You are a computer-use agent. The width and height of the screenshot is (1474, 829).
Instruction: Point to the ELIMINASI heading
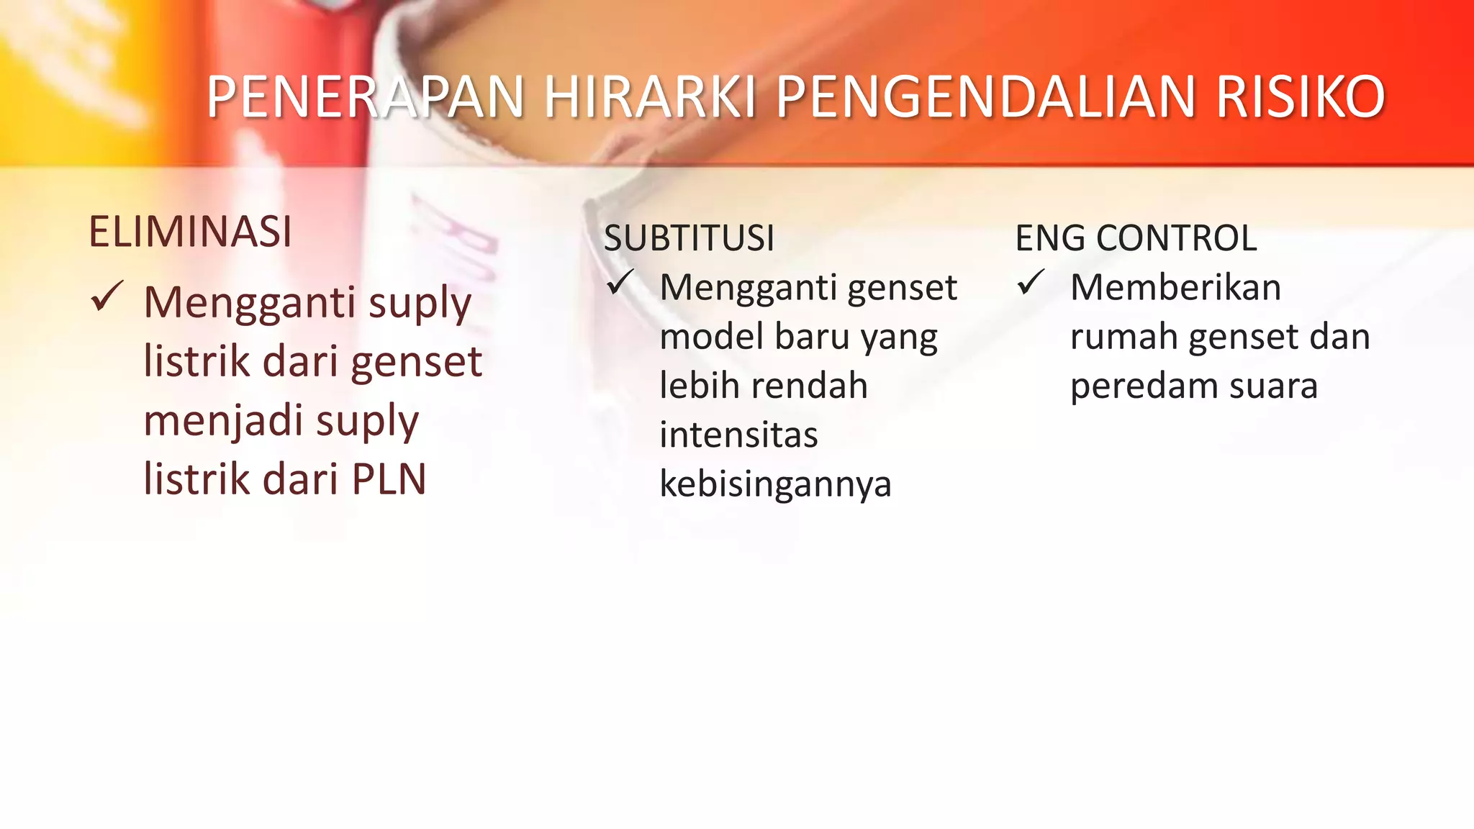tap(190, 232)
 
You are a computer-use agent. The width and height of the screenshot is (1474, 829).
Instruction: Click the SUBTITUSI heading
tap(689, 238)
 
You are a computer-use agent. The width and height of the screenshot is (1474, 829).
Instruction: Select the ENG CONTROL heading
tap(1136, 238)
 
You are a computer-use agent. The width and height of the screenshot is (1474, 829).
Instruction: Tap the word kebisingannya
tap(775, 484)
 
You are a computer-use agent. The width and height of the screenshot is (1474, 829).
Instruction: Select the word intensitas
tap(738, 435)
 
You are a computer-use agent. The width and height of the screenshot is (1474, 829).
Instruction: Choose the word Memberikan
tap(1175, 287)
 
